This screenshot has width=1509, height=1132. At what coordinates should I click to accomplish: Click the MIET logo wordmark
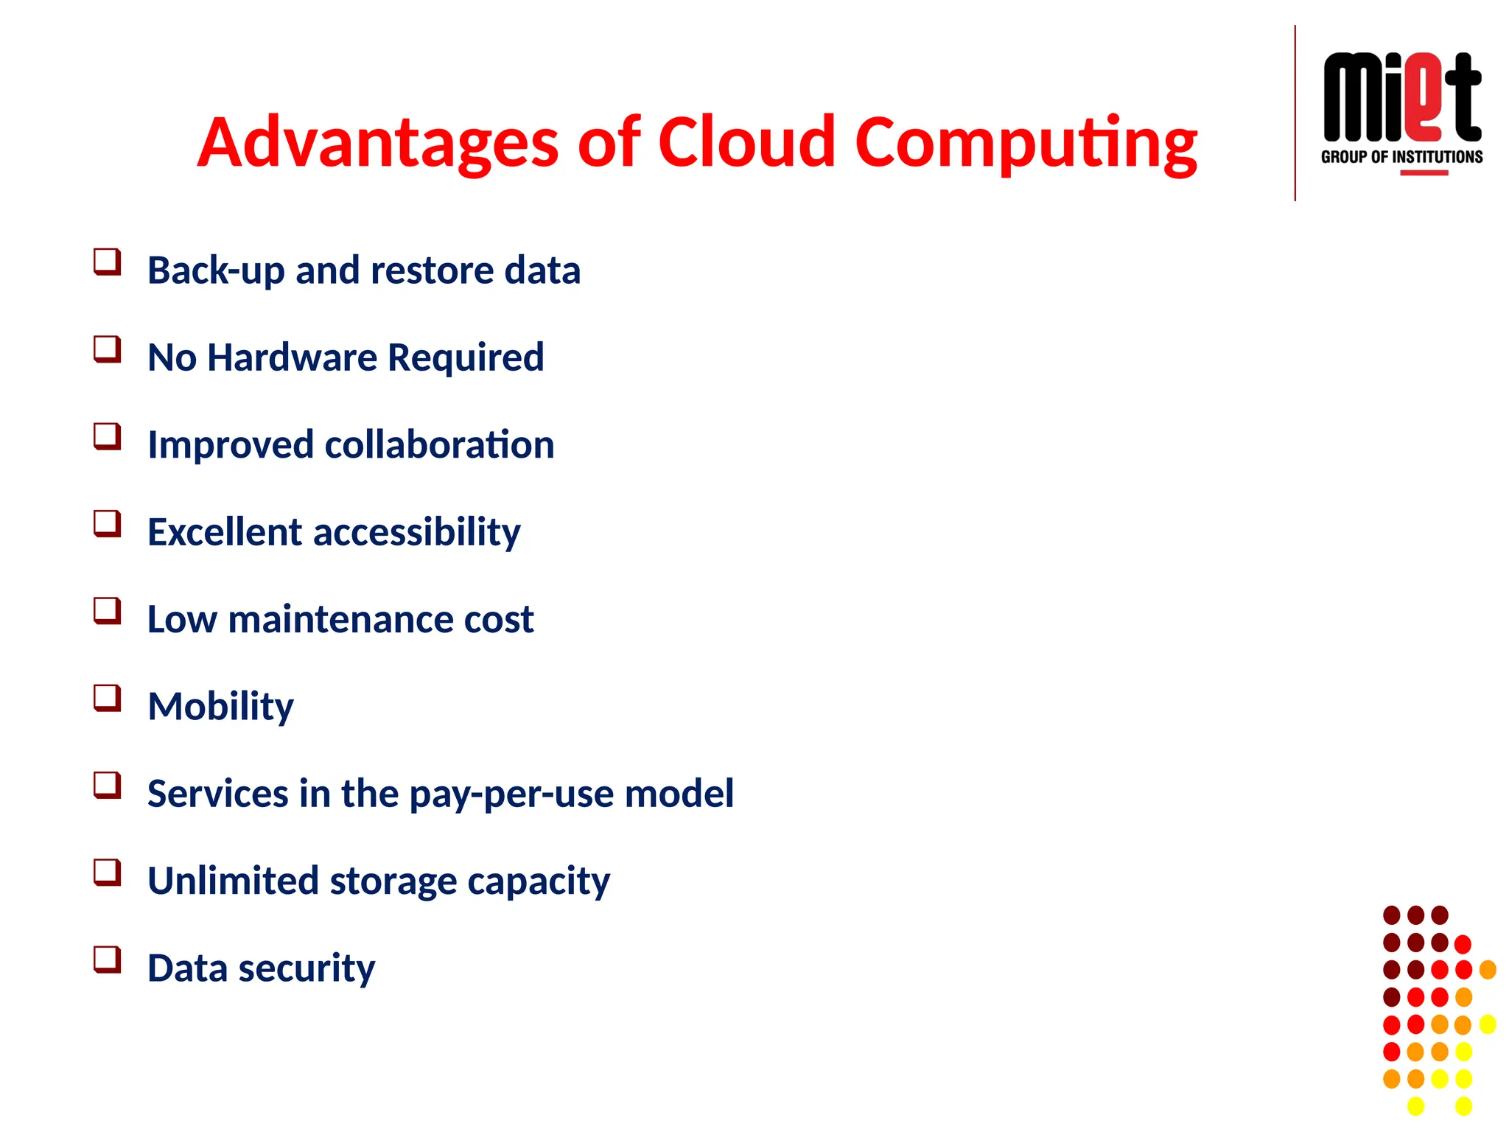(x=1401, y=97)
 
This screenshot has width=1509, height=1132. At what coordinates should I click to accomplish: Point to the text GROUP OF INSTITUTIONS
(x=1401, y=157)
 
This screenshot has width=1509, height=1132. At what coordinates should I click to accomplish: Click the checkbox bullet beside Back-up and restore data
(x=107, y=262)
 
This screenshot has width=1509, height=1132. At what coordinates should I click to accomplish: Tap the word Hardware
(x=293, y=357)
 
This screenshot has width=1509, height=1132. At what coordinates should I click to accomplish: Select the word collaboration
(x=439, y=445)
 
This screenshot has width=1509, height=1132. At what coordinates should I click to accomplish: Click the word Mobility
(x=220, y=707)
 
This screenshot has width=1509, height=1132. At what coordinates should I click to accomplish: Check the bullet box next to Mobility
(x=107, y=698)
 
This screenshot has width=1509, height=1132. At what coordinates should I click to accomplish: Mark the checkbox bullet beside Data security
(x=107, y=960)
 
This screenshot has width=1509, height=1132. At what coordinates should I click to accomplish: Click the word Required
(x=466, y=357)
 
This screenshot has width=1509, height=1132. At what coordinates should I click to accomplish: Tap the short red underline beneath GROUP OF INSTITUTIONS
(x=1424, y=173)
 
